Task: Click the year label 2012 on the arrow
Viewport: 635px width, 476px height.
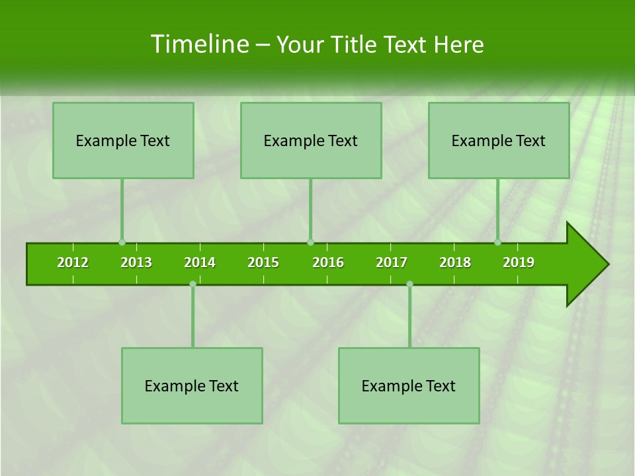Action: pyautogui.click(x=73, y=262)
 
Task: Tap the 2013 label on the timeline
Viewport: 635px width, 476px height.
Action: pyautogui.click(x=136, y=262)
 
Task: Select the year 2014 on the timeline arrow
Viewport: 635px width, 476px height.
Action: pyautogui.click(x=200, y=262)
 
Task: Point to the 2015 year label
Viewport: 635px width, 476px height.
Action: pyautogui.click(x=263, y=262)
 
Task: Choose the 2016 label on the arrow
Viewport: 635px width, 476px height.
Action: pyautogui.click(x=328, y=262)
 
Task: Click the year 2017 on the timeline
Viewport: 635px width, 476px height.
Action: pyautogui.click(x=392, y=262)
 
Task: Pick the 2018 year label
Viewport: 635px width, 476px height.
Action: pyautogui.click(x=455, y=262)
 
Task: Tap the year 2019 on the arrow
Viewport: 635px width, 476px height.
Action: pyautogui.click(x=519, y=262)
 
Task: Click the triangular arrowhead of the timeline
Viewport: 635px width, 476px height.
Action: pyautogui.click(x=585, y=264)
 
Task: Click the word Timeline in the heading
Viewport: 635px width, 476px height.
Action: pyautogui.click(x=198, y=44)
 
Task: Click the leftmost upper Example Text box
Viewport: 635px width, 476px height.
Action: pyautogui.click(x=123, y=140)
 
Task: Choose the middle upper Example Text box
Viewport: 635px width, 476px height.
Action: pyautogui.click(x=311, y=140)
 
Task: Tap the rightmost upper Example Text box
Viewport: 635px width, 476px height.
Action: pyautogui.click(x=499, y=140)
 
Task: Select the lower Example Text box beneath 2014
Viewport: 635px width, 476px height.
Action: pyautogui.click(x=192, y=385)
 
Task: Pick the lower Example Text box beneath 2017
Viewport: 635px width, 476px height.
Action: pyautogui.click(x=409, y=385)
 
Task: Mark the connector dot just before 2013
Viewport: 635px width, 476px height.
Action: pyautogui.click(x=122, y=242)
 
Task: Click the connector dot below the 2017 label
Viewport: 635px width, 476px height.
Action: pyautogui.click(x=409, y=284)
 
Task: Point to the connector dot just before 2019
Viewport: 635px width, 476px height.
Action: pyautogui.click(x=498, y=242)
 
